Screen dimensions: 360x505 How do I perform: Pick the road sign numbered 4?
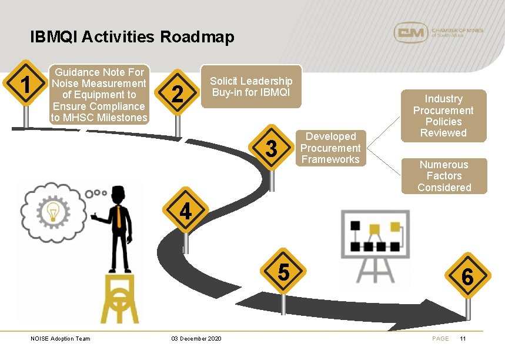(x=185, y=210)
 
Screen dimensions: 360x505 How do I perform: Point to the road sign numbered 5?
(x=283, y=272)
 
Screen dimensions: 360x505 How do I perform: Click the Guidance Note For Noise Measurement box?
(x=99, y=95)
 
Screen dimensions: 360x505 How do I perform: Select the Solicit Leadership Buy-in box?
(x=251, y=86)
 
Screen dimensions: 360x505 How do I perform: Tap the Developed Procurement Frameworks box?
(x=330, y=148)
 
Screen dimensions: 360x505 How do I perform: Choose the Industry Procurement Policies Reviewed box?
(x=443, y=116)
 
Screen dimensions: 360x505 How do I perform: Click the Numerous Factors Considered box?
(x=444, y=176)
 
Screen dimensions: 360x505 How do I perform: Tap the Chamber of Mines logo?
(x=437, y=32)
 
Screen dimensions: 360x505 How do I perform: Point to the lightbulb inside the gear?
(x=53, y=210)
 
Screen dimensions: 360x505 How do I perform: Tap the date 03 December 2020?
(x=196, y=339)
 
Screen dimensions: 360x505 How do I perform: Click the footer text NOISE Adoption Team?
(x=61, y=339)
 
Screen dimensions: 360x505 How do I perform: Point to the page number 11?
(x=463, y=339)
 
